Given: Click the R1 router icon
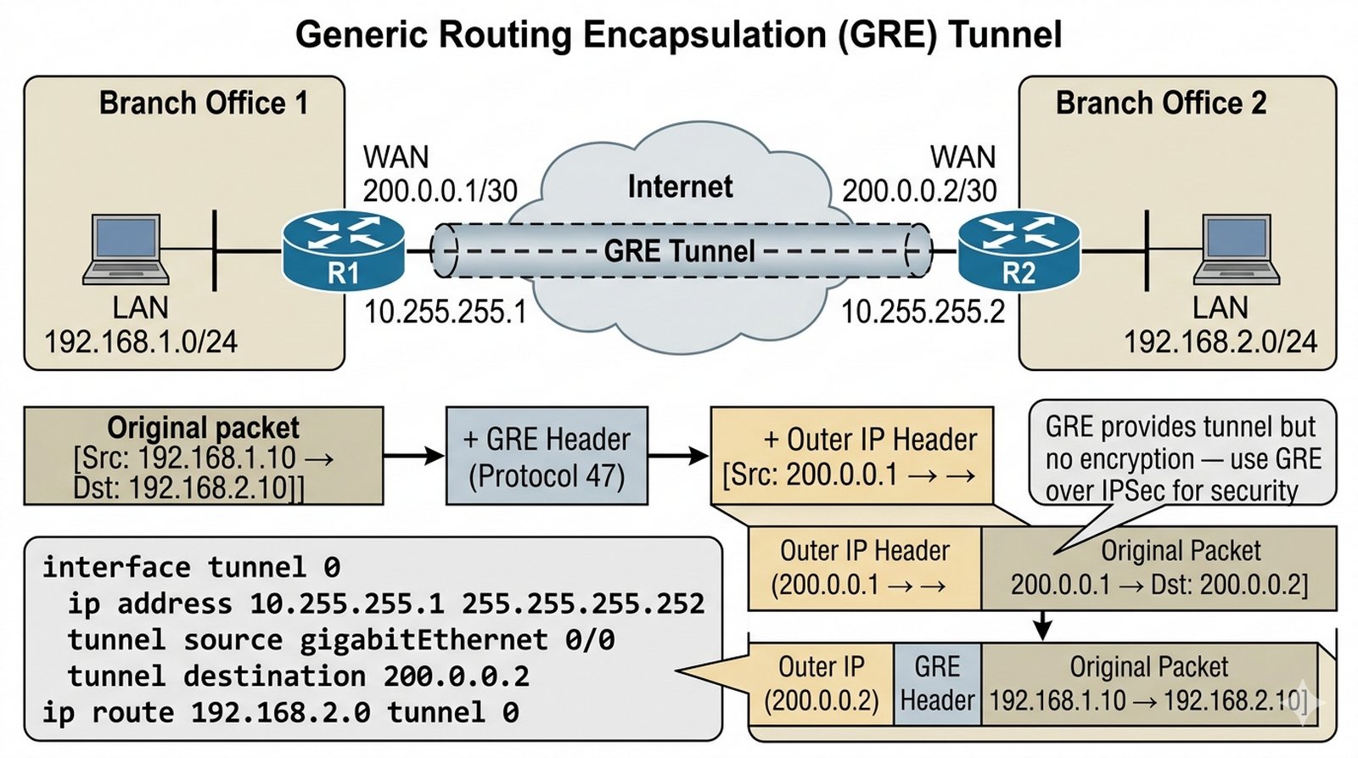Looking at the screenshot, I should [343, 250].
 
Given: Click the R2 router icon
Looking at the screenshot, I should [1018, 250].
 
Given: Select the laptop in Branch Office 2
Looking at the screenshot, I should [1237, 249].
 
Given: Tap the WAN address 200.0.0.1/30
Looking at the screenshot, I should [440, 191].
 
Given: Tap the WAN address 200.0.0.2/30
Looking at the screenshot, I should [919, 191].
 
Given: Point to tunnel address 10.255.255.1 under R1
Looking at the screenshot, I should [445, 312].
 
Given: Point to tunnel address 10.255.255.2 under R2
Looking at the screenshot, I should [923, 312].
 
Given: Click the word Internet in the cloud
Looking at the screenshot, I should [680, 187].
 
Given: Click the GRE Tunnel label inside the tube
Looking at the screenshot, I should [679, 251].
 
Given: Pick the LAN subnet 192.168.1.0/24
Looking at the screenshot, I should [141, 342].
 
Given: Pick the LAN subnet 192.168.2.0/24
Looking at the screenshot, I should [1220, 342].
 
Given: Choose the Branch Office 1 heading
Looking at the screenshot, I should [203, 104].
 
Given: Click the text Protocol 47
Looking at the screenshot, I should [547, 476].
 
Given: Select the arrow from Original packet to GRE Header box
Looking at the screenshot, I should [414, 456].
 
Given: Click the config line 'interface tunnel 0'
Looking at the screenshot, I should [192, 567].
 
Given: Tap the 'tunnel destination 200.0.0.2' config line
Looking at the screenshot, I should [298, 677].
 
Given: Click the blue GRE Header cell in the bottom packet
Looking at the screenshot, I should [937, 683].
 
